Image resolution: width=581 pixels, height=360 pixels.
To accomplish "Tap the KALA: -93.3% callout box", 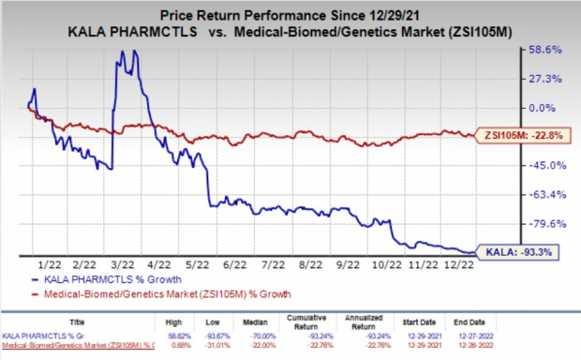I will tap(519, 251).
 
